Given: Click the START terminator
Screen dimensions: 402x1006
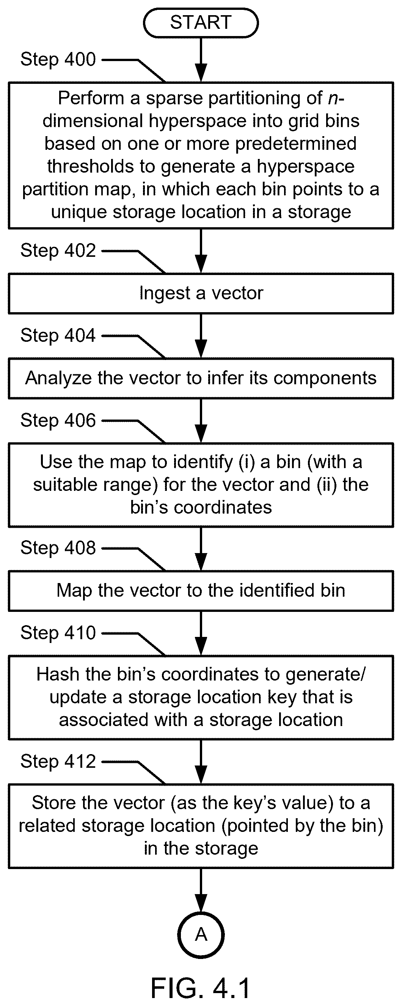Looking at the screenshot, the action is tap(201, 23).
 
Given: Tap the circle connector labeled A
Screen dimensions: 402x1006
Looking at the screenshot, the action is tap(201, 935).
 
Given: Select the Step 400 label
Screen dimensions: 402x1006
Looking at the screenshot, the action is tap(58, 59).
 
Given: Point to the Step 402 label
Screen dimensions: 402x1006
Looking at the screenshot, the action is tap(58, 250).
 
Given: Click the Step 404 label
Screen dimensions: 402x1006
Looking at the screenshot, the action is tap(58, 335).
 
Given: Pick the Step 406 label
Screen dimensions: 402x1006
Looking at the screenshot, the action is tap(58, 420).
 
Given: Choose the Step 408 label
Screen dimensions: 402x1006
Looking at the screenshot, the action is tap(58, 547).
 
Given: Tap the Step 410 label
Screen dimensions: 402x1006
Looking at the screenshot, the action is tap(58, 633).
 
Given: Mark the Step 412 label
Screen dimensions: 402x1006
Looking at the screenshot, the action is tap(58, 761).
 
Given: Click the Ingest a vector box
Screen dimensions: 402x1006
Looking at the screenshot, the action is tap(201, 294).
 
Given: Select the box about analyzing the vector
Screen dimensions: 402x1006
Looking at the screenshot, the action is tap(201, 379).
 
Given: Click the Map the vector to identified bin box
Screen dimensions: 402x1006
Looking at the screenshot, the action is tap(201, 591).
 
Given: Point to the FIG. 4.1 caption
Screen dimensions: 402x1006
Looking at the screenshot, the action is tap(201, 989).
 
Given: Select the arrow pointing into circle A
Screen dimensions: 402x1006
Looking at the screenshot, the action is tap(201, 890).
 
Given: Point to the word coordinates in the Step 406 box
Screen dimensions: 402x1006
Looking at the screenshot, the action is tap(223, 508).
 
